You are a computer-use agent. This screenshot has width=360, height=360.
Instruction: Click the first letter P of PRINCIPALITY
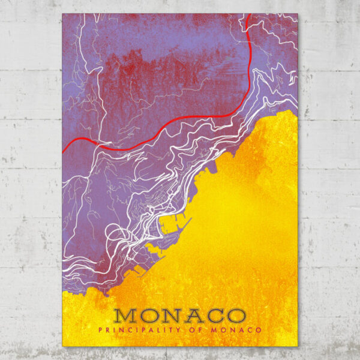click(x=101, y=329)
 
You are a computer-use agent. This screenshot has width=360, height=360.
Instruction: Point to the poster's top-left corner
click(x=62, y=14)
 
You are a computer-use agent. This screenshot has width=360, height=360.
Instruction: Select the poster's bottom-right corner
click(x=298, y=346)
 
